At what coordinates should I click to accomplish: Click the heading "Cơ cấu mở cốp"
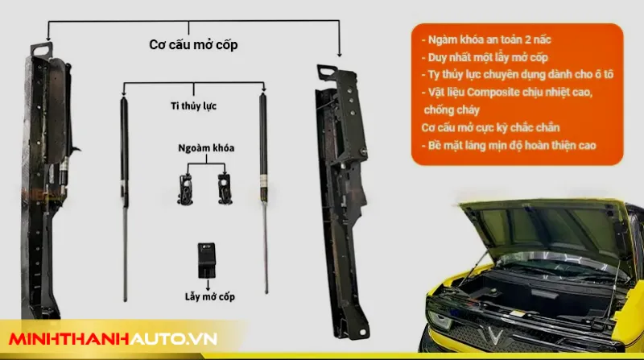coord(193,45)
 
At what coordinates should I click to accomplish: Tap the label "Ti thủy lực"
coord(193,106)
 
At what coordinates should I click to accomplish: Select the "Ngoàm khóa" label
coord(206,148)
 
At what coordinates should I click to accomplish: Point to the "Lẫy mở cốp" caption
coord(210,296)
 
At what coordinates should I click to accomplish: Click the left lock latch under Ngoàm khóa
coord(185,189)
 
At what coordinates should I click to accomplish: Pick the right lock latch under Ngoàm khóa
coord(225,189)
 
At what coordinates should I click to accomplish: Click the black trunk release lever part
coord(206,260)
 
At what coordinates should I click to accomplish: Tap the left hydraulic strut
coord(125,199)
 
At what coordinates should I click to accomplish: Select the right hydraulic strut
coord(264,193)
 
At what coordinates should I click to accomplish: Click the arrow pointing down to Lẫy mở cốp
coord(208,285)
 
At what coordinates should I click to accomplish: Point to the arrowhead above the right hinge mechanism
coord(339,54)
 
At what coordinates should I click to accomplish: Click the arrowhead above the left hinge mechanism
coord(48,38)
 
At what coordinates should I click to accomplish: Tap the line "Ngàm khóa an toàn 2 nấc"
coord(486,39)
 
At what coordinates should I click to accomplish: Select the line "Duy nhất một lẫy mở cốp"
coord(485,57)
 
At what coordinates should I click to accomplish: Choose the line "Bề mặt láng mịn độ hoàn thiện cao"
coord(509,146)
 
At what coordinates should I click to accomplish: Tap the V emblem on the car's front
coord(493,335)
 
